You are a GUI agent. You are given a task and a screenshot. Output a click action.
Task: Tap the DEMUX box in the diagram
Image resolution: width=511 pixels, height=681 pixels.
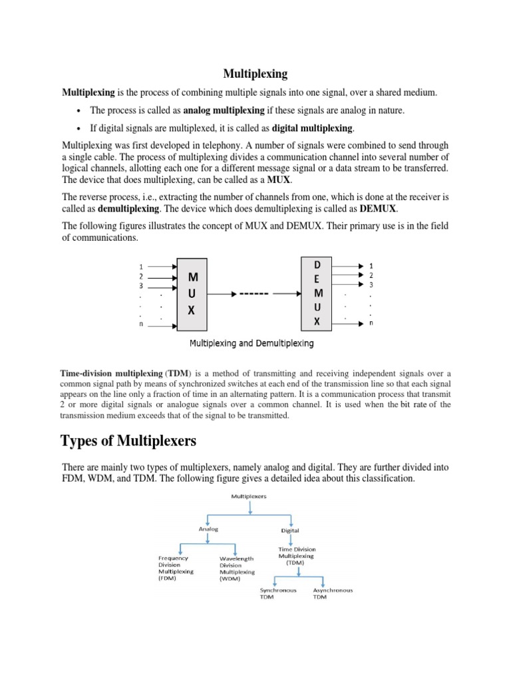317,293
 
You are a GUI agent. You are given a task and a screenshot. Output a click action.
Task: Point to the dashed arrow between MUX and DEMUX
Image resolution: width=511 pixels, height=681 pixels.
252,293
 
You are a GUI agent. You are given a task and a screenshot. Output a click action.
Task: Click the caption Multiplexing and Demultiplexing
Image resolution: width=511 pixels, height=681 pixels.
252,344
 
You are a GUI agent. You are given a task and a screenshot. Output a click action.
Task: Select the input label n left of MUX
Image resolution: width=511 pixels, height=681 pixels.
140,325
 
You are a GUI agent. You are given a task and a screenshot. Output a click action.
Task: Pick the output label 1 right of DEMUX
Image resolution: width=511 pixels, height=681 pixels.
371,264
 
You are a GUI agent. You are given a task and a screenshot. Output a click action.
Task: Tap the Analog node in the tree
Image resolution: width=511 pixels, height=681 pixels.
208,529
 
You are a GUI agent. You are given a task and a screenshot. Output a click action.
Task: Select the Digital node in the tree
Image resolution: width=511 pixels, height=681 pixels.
290,531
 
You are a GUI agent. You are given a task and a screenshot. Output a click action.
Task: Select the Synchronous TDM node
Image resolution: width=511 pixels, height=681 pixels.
278,593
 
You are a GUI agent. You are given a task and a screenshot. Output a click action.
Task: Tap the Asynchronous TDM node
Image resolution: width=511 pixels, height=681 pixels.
333,593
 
